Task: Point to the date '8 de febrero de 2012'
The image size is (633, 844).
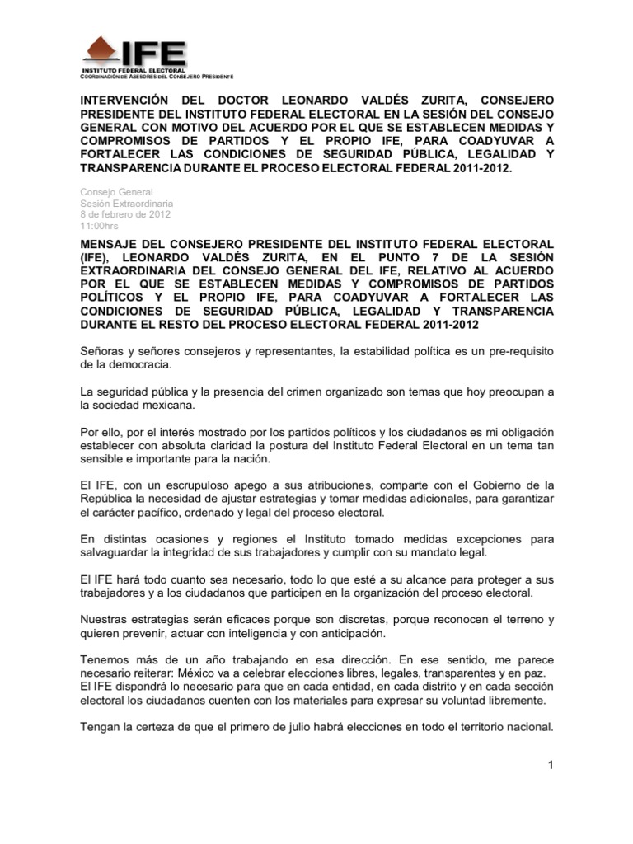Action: coord(125,213)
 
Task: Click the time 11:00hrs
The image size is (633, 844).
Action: coord(99,225)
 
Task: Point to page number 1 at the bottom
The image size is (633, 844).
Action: coord(549,767)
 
